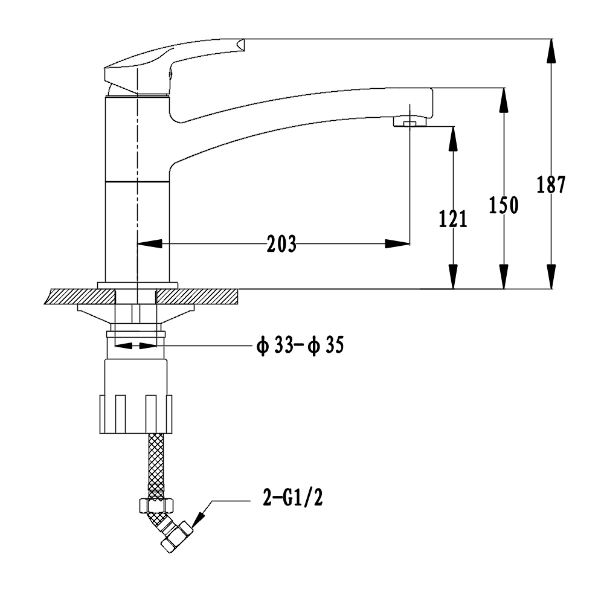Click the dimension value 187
[x=551, y=184]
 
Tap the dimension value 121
[x=454, y=219]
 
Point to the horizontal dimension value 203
[x=282, y=244]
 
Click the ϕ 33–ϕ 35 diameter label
[x=300, y=345]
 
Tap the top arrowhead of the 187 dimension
[x=551, y=51]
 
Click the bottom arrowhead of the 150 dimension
[x=504, y=277]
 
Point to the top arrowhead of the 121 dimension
[x=454, y=138]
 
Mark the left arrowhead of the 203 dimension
[x=149, y=244]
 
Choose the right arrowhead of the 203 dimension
[x=397, y=244]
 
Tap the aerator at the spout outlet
[x=410, y=122]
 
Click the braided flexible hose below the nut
[x=156, y=466]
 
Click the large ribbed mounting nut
[x=135, y=414]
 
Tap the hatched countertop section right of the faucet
[x=198, y=297]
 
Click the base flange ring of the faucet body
[x=138, y=286]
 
